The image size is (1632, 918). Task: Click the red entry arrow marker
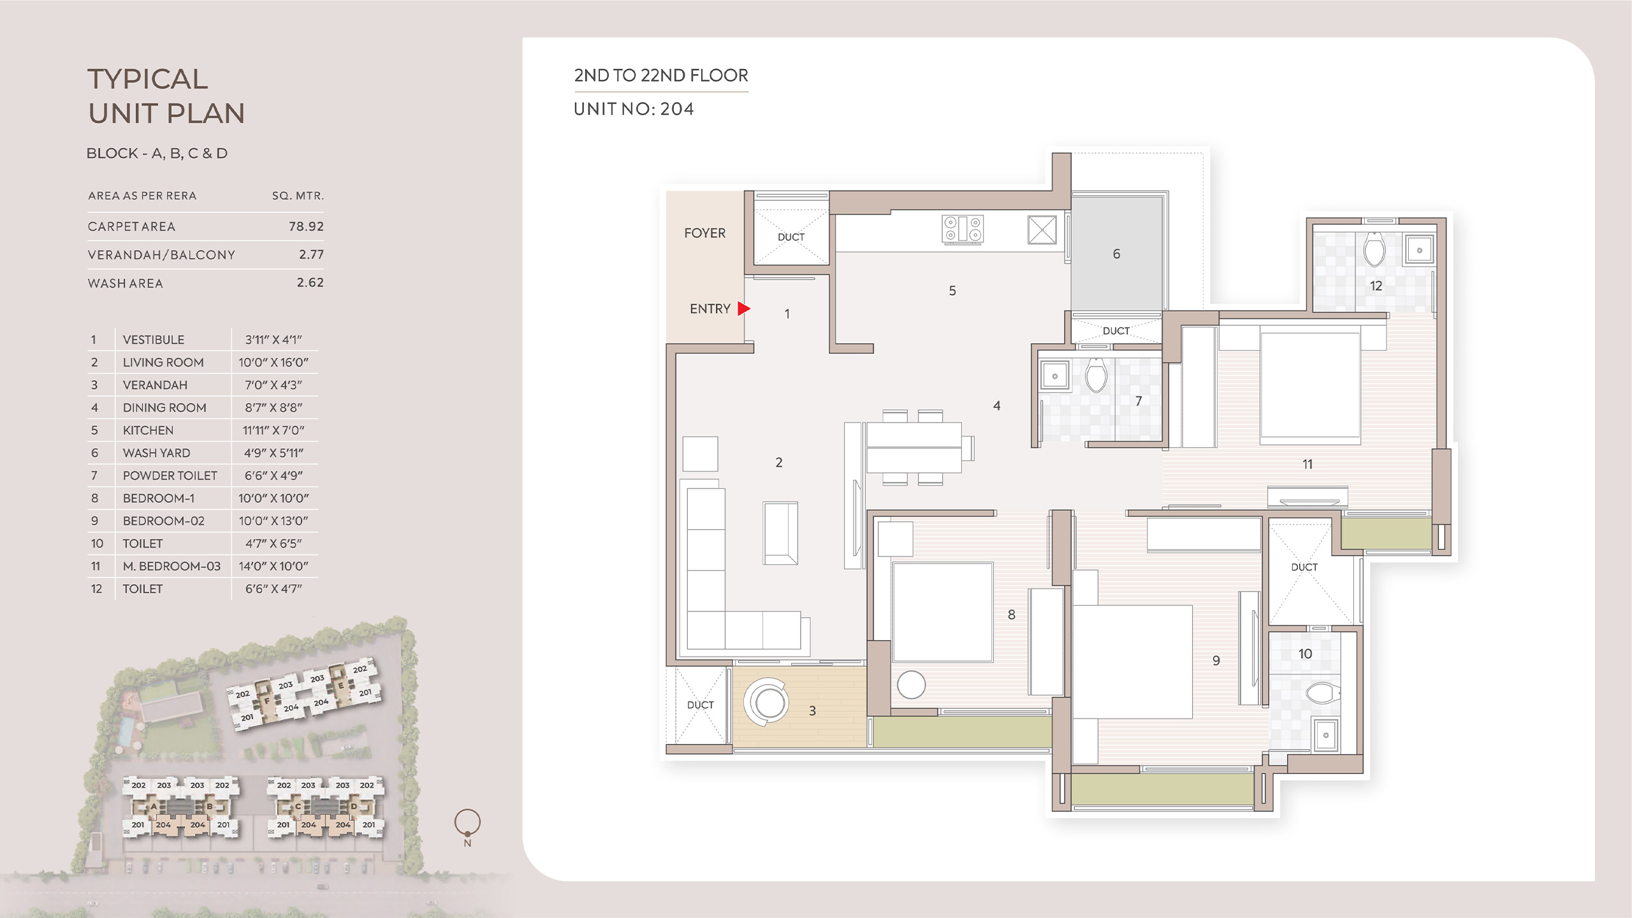pos(743,309)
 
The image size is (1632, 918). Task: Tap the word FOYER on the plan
pos(704,233)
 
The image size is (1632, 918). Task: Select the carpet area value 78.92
pos(306,226)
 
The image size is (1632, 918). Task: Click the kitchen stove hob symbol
pos(963,229)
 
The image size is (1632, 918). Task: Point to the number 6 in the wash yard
pos(1116,254)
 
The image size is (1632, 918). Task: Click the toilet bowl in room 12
pos(1374,249)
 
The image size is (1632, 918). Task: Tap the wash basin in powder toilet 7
pos(1054,376)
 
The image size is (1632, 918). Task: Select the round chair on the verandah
pos(766,701)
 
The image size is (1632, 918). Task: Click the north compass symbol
pos(467,823)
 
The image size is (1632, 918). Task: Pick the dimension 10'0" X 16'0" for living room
pos(273,362)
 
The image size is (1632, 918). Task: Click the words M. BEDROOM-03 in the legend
pos(171,566)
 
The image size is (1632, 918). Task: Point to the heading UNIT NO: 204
pos(634,109)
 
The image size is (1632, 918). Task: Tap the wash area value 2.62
pos(310,282)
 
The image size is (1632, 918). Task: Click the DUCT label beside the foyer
pos(791,237)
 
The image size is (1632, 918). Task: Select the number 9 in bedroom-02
pos(1216,660)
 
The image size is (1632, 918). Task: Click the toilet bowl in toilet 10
pos(1322,693)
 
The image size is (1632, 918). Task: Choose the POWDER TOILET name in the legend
pos(170,476)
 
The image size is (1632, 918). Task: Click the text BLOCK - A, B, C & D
pos(157,154)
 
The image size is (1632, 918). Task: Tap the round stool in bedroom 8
pos(911,685)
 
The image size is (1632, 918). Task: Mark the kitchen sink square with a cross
pos(1042,229)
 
